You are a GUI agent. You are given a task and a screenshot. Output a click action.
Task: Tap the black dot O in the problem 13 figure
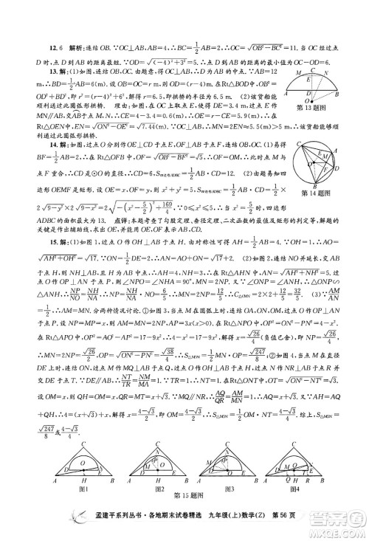[313, 100]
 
